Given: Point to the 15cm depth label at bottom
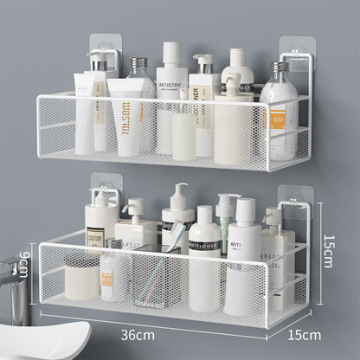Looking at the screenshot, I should [x=304, y=334].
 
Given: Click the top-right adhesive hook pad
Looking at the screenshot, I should [x=294, y=50].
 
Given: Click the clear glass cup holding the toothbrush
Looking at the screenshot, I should [x=153, y=277].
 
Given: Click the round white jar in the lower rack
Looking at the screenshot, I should [x=82, y=280].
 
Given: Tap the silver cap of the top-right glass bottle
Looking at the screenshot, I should [x=279, y=67].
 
